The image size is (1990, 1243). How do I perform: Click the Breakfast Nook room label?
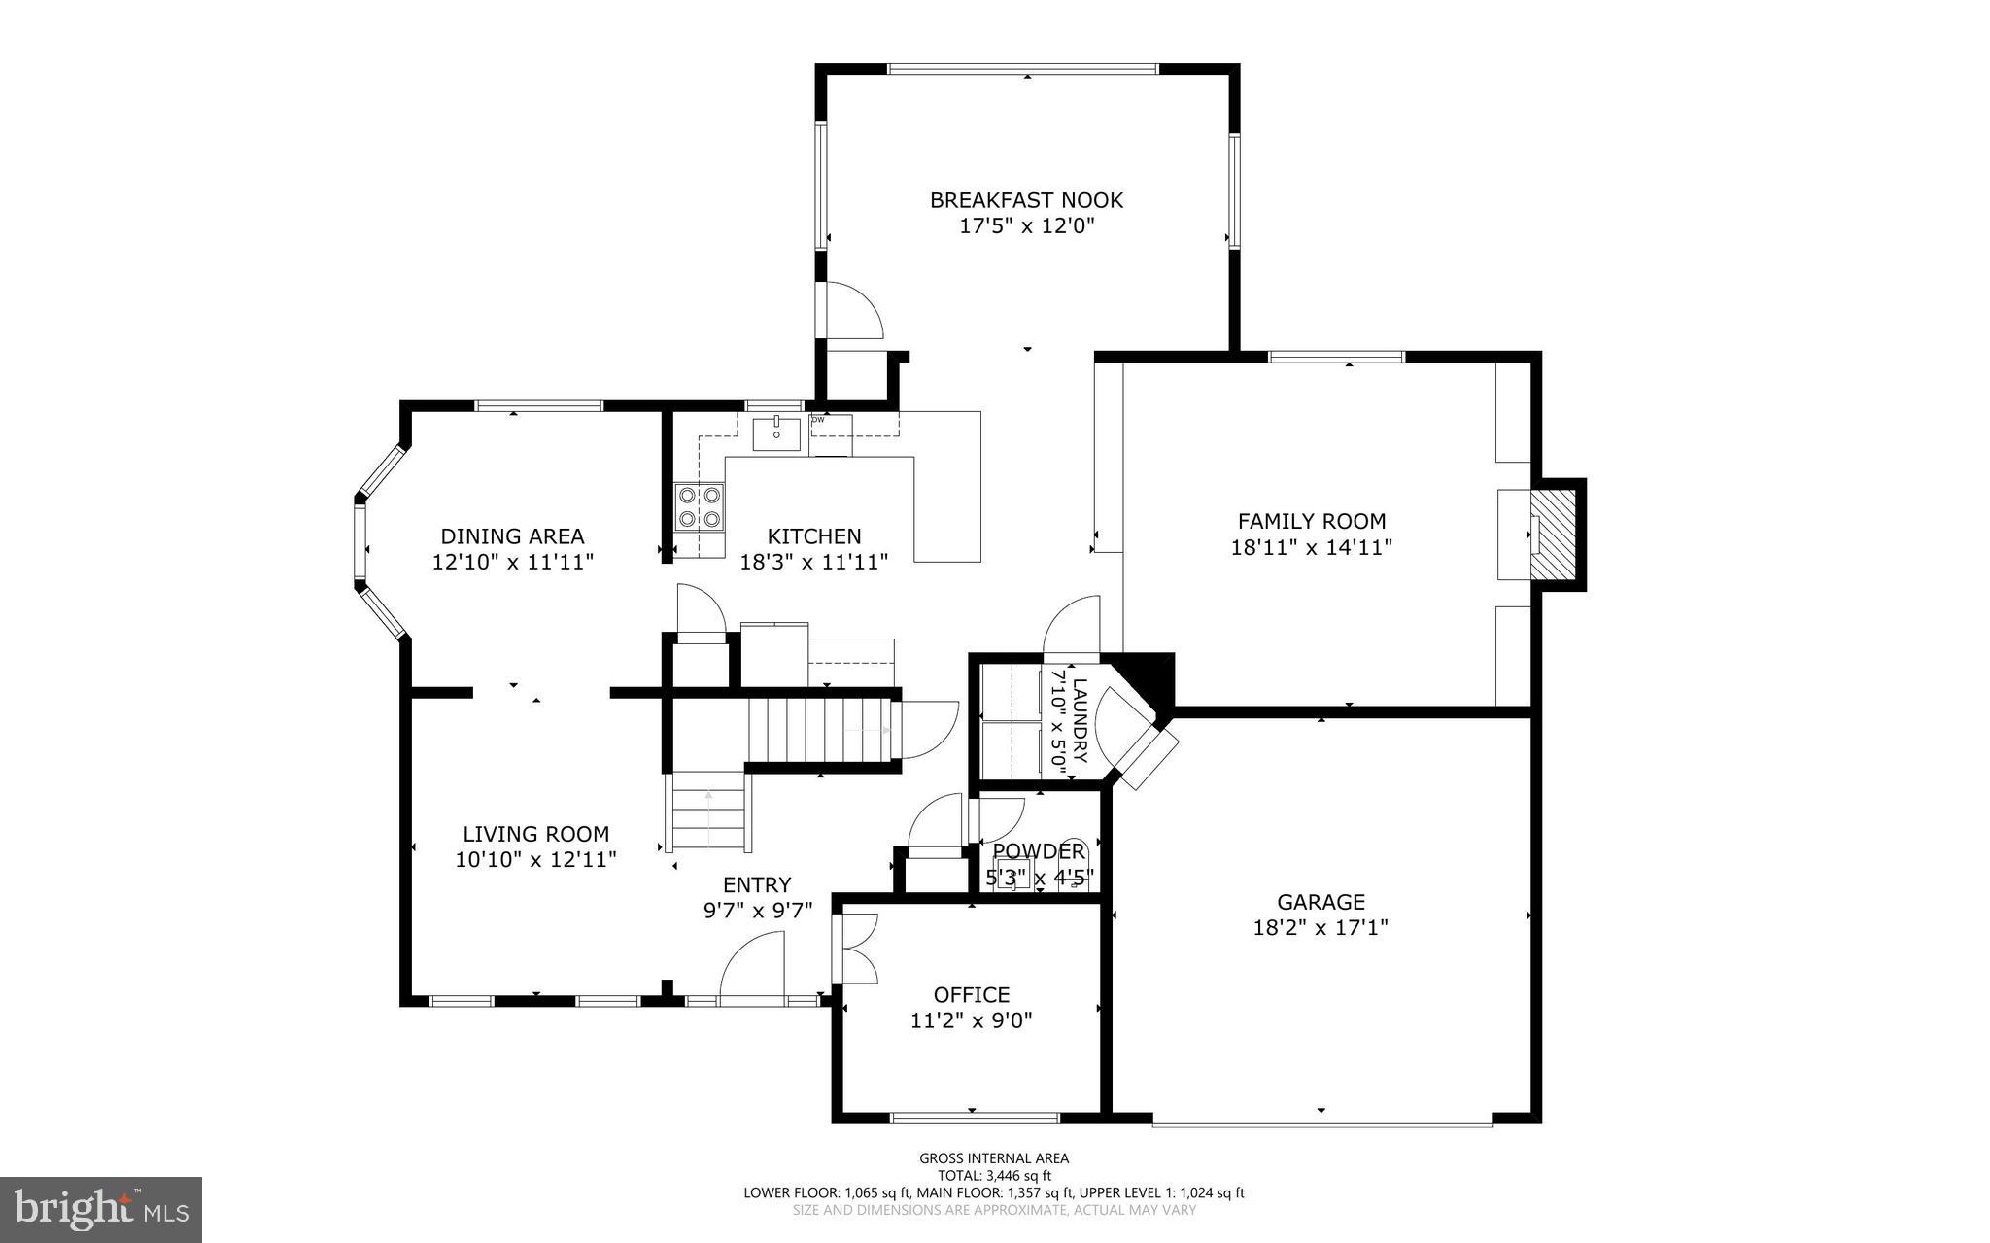point(1026,200)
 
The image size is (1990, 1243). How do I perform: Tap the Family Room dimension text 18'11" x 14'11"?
point(1311,547)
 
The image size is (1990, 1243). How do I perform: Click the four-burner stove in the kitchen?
point(700,507)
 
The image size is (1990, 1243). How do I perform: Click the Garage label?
point(1321,902)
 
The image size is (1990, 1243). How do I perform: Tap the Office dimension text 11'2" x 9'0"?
point(971,1020)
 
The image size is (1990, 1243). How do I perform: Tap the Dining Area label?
point(512,536)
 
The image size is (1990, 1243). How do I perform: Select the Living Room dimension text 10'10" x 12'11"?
point(535,859)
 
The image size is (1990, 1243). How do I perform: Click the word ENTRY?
point(757,884)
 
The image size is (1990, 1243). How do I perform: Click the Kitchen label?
point(814,536)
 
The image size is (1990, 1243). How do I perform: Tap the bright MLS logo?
point(101,1209)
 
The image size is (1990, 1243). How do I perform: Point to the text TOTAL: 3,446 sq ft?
point(994,1175)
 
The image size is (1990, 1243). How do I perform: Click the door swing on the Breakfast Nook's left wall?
point(852,310)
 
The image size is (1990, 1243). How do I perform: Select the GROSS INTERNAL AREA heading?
point(994,1157)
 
